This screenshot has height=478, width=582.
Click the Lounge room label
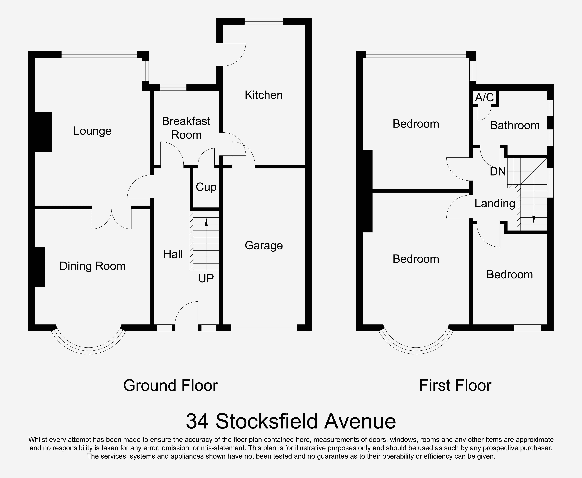click(x=92, y=131)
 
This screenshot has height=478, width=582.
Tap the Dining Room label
click(x=92, y=266)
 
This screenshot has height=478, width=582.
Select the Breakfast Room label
click(x=186, y=128)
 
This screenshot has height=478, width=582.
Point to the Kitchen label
click(x=264, y=95)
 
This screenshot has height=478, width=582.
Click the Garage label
click(x=264, y=245)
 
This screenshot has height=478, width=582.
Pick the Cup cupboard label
click(x=206, y=187)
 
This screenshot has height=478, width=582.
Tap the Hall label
click(x=173, y=254)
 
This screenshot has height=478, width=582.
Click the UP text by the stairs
click(x=206, y=279)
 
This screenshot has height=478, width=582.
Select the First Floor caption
click(x=455, y=386)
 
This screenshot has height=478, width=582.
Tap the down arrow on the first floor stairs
click(x=534, y=219)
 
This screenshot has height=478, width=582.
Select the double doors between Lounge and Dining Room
click(x=111, y=219)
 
